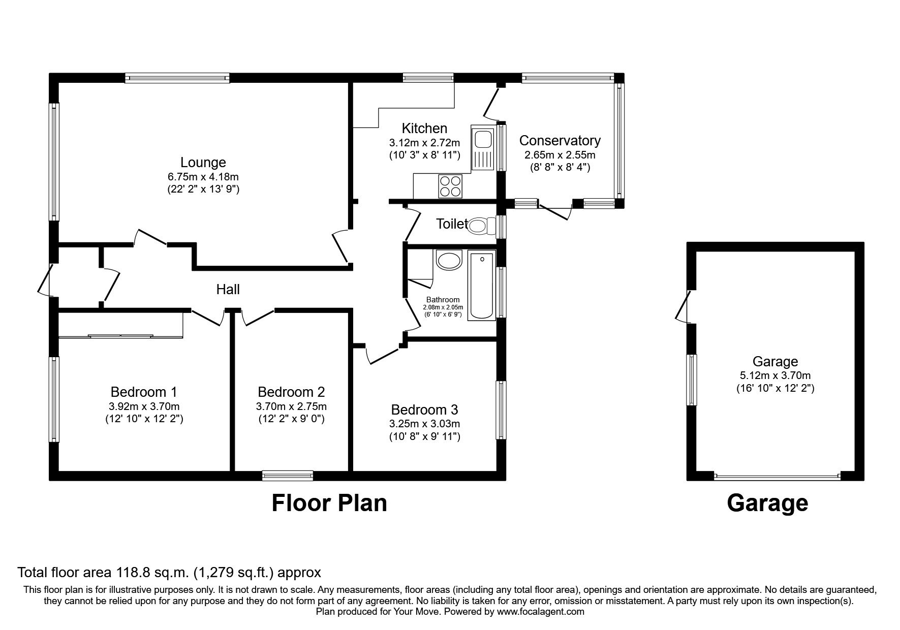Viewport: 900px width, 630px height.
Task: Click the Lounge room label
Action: tap(203, 163)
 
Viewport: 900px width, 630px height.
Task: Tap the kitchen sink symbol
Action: tap(482, 147)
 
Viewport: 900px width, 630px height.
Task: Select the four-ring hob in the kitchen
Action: tap(450, 186)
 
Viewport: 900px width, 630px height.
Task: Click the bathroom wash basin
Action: tap(449, 261)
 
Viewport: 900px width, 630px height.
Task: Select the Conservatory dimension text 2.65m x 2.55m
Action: tap(560, 154)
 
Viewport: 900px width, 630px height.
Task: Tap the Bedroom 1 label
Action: tap(144, 392)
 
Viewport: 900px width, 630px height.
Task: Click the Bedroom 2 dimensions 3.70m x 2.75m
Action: tap(291, 406)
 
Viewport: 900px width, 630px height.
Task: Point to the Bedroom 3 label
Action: tap(424, 409)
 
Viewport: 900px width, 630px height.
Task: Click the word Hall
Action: tap(228, 290)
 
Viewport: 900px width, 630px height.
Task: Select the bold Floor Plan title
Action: tap(329, 503)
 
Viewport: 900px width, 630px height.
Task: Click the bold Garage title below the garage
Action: tap(767, 503)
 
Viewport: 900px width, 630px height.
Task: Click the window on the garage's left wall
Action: tap(692, 380)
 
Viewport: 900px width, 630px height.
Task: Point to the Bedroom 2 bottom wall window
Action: tap(288, 476)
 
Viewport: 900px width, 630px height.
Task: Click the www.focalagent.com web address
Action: tap(540, 612)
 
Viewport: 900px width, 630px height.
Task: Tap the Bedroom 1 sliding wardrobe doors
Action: tap(120, 336)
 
